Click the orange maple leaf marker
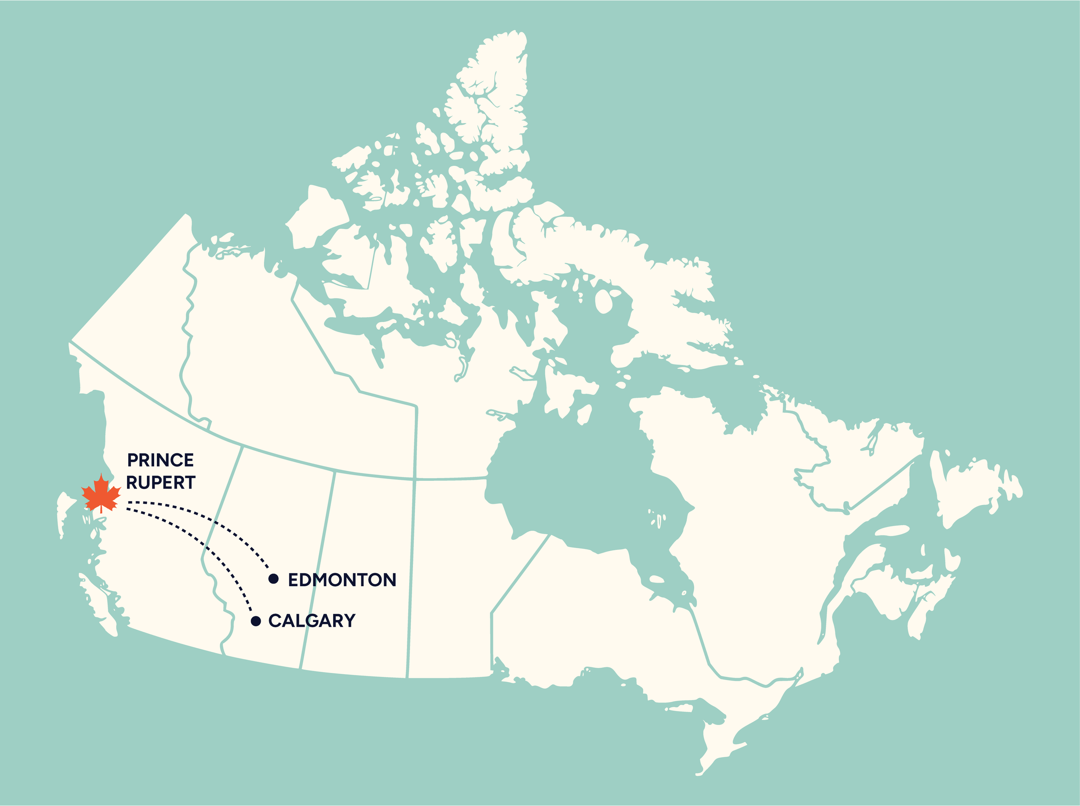(101, 494)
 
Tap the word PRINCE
(161, 460)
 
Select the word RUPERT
(161, 482)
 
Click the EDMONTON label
(342, 580)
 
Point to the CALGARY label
(312, 621)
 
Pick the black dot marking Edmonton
(273, 579)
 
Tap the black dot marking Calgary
(256, 621)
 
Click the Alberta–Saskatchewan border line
(317, 571)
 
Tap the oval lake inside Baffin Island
(604, 301)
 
